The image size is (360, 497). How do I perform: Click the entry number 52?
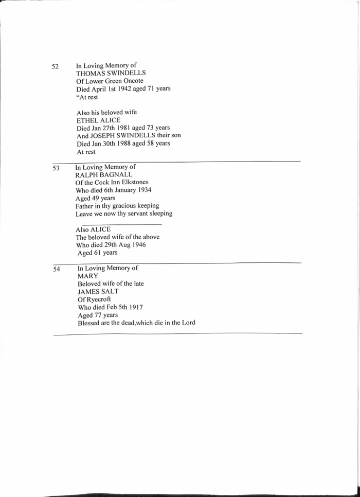[x=56, y=66]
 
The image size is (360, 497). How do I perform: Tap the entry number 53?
[x=56, y=168]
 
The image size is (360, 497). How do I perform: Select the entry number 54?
[x=57, y=269]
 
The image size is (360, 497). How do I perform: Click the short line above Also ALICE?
[x=121, y=224]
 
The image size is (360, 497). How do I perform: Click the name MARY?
[x=88, y=276]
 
